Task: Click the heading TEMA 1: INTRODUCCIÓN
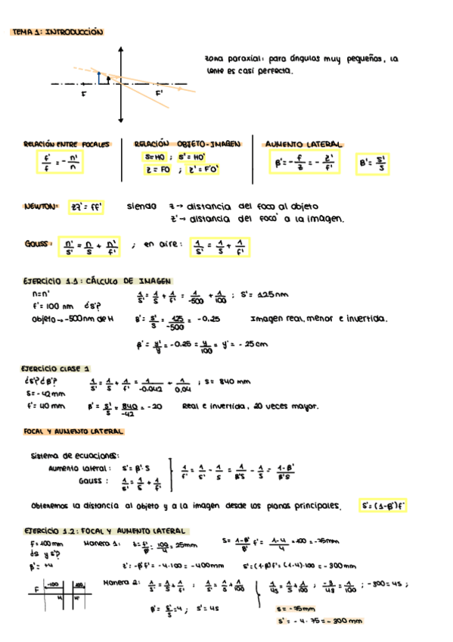point(58,33)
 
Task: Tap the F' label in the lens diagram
point(160,92)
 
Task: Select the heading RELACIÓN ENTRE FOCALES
point(67,143)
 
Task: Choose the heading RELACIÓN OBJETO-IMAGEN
point(187,143)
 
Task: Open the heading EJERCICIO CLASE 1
point(57,368)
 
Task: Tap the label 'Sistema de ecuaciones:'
point(75,456)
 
